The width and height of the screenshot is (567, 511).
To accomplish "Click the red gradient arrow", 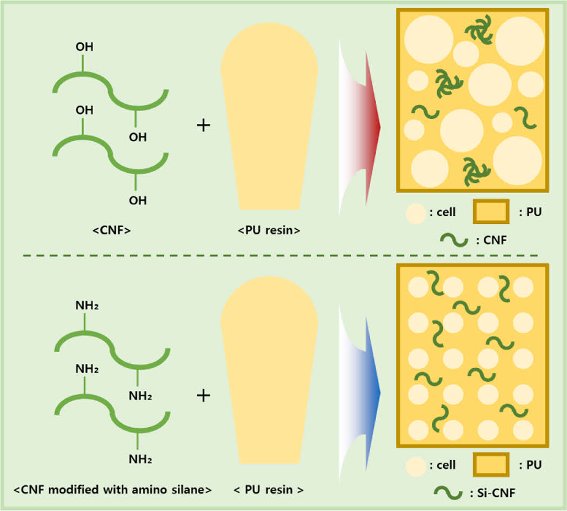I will click(362, 127).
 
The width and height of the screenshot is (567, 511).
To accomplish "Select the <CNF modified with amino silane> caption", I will click(112, 490).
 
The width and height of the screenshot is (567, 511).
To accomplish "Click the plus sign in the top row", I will click(203, 126).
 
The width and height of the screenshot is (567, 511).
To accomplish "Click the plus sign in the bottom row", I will click(203, 395).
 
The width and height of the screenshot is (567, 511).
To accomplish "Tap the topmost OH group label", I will click(84, 47).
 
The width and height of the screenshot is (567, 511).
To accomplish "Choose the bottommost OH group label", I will click(138, 201).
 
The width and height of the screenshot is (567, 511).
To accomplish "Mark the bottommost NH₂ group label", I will click(140, 460).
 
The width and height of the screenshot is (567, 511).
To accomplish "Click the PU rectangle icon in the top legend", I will click(491, 211).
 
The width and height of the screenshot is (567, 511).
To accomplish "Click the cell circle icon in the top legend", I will click(416, 213).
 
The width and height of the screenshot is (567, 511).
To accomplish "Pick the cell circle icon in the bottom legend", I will click(416, 465).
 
